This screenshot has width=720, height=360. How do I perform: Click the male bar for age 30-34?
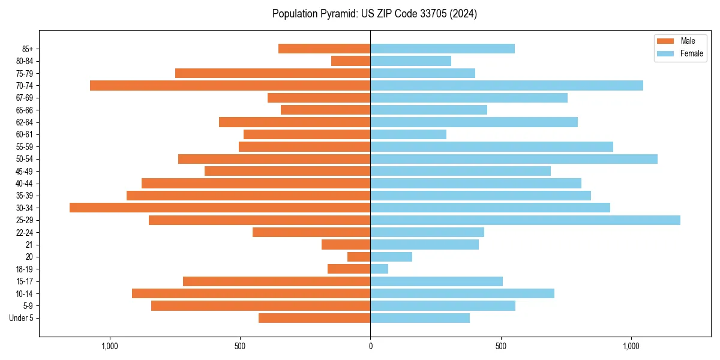220,208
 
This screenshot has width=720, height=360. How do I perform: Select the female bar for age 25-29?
525,220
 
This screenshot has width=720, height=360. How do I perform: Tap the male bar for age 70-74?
230,85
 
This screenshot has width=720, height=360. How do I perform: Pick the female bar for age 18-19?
379,269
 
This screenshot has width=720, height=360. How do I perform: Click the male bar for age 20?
359,257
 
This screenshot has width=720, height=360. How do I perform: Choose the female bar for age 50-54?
514,159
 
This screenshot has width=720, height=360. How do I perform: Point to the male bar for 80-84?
350,61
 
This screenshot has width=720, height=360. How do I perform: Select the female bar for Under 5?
420,318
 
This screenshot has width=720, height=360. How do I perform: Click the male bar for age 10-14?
251,293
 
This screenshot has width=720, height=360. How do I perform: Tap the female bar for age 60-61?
408,134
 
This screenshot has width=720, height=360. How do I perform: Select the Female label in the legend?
691,53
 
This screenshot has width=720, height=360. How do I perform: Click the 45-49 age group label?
24,171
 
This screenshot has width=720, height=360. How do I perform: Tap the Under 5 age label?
21,318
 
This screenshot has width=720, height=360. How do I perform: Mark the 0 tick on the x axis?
370,346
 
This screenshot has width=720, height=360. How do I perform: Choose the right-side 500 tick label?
500,346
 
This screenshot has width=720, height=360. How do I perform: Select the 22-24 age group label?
24,232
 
